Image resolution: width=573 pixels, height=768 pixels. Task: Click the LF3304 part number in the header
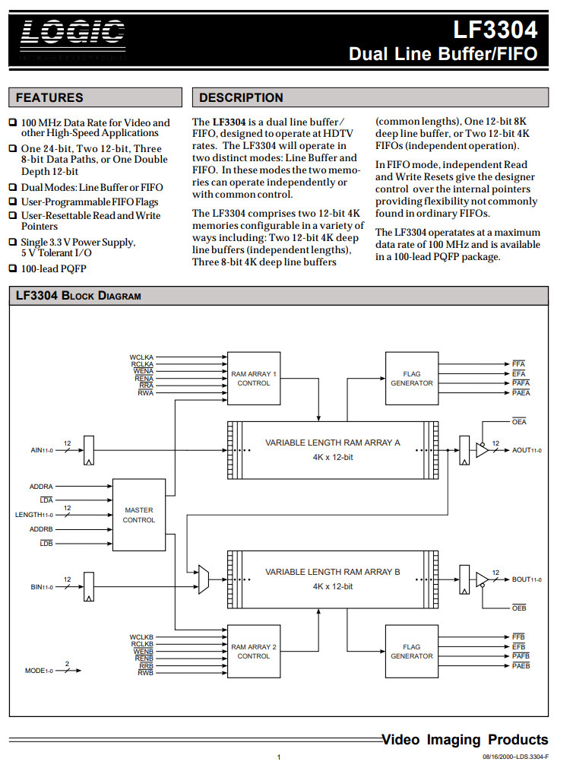pos(495,30)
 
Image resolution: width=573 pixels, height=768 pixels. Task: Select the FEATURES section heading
pos(49,97)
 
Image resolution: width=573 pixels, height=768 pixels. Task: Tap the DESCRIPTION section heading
pos(241,97)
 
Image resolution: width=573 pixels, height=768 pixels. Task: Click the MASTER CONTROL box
pos(138,515)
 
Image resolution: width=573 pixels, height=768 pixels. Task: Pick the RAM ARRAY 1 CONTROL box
pos(254,379)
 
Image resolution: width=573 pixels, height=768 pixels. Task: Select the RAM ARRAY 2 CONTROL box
pos(254,651)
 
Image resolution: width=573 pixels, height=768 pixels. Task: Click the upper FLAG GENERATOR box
pos(411,379)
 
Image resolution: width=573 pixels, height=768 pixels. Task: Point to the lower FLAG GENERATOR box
pos(411,651)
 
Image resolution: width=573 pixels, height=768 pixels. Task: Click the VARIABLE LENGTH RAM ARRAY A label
pos(333,442)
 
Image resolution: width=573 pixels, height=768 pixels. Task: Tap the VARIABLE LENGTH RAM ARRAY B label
pos(333,572)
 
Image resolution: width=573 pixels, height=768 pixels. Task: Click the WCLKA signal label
pos(141,357)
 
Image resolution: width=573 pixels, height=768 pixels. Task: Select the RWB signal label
pos(145,672)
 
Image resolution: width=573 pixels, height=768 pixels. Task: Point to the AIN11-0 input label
pos(43,451)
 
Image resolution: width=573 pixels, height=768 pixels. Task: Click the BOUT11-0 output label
pos(527,579)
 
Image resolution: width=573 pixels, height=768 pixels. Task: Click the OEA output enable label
pos(519,422)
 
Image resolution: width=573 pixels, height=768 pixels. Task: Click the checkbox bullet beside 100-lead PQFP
pos(13,268)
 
